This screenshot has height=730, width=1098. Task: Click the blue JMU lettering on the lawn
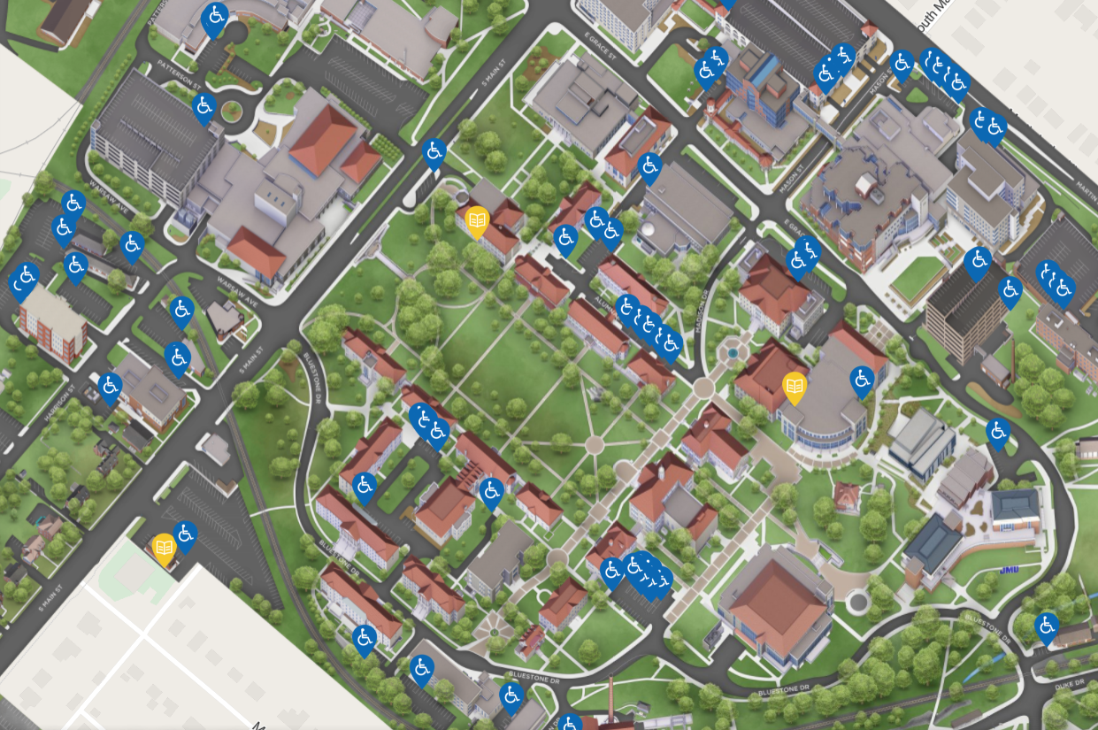click(x=1009, y=571)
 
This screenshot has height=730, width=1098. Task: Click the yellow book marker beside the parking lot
click(x=164, y=549)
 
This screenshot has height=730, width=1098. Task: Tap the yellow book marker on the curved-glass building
click(x=795, y=386)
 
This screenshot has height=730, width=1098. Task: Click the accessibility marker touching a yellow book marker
click(x=185, y=534)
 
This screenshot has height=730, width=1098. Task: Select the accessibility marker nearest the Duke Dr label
click(x=1046, y=627)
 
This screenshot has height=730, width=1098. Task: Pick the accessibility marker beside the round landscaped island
click(x=204, y=108)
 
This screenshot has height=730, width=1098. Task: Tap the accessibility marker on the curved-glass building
click(x=862, y=380)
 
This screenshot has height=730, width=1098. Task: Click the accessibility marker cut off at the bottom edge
click(x=571, y=722)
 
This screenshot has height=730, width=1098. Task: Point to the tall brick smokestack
click(x=611, y=699)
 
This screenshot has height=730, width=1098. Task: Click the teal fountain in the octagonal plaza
click(x=732, y=354)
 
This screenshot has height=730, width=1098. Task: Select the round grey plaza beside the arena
click(x=857, y=603)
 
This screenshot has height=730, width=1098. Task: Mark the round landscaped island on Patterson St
click(x=232, y=111)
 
